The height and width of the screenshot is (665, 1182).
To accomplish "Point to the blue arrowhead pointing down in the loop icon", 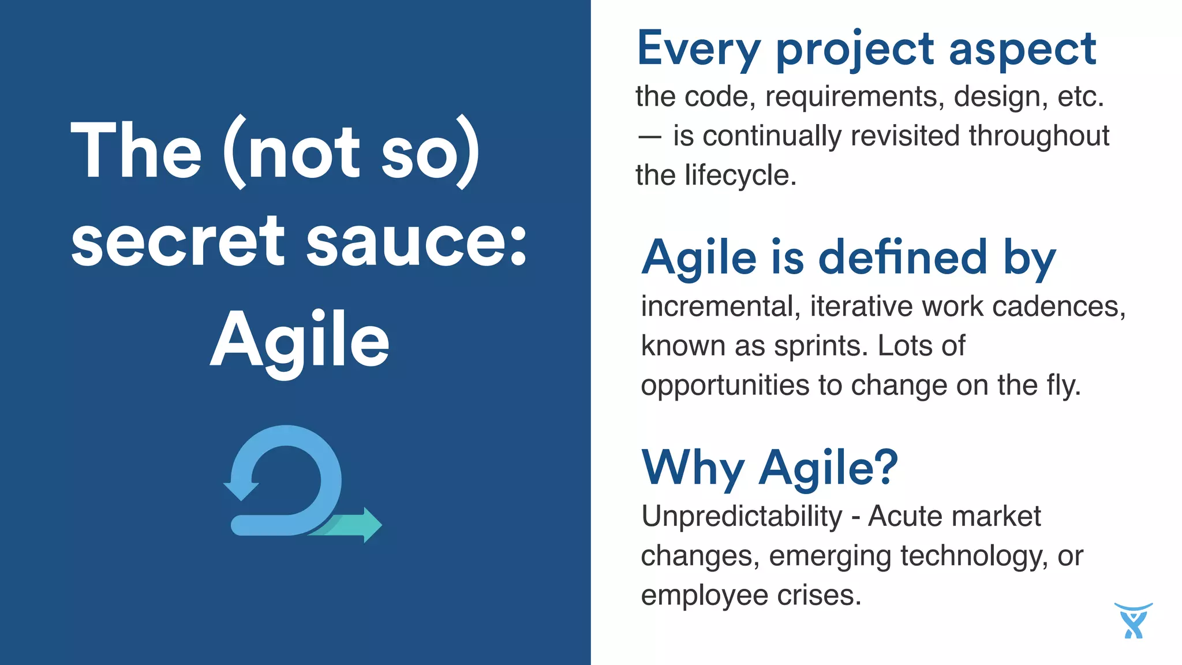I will [241, 490].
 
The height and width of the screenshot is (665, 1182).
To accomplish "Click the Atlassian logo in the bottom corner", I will [1134, 621].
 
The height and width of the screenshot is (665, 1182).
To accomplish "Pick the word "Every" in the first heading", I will [699, 49].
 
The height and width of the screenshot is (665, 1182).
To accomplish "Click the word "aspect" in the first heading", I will [1022, 49].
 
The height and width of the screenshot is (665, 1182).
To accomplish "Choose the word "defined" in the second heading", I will [903, 257].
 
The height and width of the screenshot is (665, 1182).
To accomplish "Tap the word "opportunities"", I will [725, 386].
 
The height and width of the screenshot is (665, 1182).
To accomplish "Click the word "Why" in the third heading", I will [693, 468].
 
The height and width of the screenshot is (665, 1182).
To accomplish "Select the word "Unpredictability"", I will [742, 517].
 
